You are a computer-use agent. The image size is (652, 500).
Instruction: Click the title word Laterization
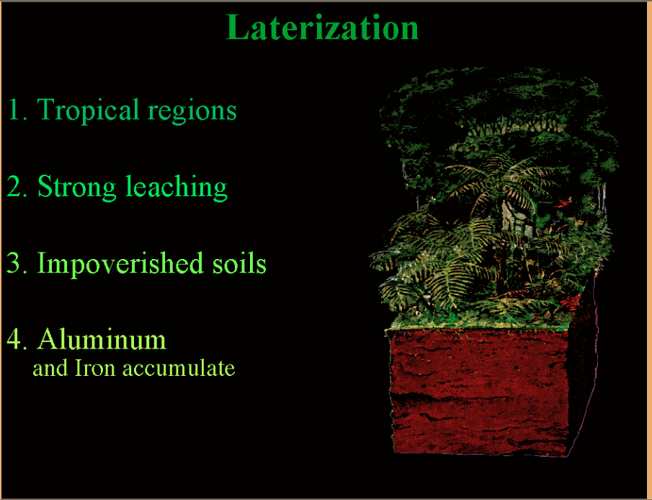click(x=322, y=27)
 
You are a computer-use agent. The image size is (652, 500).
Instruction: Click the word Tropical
click(x=88, y=110)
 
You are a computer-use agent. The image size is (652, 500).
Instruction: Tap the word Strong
click(x=77, y=187)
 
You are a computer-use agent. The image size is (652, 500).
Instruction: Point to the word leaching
click(x=177, y=187)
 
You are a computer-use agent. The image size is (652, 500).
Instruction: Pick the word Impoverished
click(x=120, y=264)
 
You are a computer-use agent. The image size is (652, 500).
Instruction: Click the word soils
click(x=239, y=263)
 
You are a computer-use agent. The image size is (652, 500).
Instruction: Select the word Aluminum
click(x=102, y=339)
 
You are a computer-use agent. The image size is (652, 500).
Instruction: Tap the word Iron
click(x=95, y=368)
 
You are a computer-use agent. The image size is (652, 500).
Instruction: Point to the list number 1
click(x=17, y=110)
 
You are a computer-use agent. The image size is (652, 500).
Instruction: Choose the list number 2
click(x=17, y=187)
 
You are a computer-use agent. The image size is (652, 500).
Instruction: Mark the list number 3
click(x=17, y=263)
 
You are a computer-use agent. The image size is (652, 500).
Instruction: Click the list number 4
click(x=17, y=339)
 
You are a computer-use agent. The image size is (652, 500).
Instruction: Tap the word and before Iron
click(x=50, y=368)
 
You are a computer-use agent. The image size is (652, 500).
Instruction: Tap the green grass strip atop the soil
click(x=478, y=323)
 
